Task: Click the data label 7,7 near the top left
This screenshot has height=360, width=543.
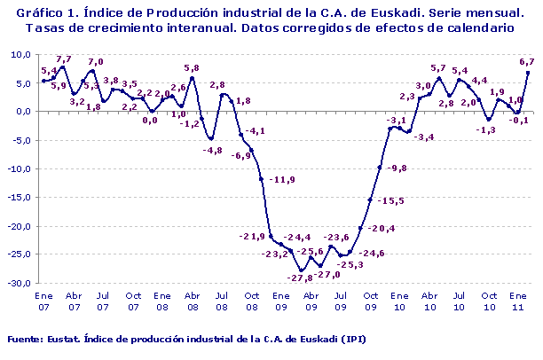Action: [63, 59]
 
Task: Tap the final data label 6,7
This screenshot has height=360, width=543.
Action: [526, 61]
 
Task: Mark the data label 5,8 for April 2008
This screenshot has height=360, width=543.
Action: [192, 68]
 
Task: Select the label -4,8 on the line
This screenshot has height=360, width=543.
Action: [213, 151]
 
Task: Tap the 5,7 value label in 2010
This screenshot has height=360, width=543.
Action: [438, 68]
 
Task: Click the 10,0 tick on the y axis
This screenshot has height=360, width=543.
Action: [20, 54]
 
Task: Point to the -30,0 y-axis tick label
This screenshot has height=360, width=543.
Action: [19, 284]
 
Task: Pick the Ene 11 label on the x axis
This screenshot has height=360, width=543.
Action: [518, 300]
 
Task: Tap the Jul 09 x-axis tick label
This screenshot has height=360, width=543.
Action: [340, 300]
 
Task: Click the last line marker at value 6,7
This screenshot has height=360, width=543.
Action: [528, 73]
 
